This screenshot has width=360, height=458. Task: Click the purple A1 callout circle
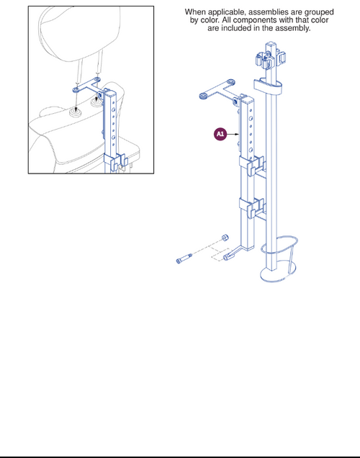(x=220, y=134)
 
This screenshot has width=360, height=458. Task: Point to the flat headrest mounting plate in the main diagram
(x=219, y=90)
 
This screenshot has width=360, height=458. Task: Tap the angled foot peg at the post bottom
(x=235, y=254)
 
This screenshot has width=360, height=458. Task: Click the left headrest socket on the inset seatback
(x=76, y=113)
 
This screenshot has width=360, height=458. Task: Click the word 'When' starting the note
(x=196, y=12)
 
